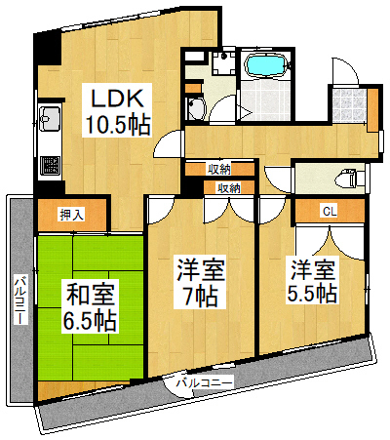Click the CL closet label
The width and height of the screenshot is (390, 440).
click(330, 210)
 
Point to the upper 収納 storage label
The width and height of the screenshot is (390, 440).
click(219, 169)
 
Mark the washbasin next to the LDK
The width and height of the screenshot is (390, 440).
click(196, 108)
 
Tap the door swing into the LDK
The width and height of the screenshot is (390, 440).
click(171, 142)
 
